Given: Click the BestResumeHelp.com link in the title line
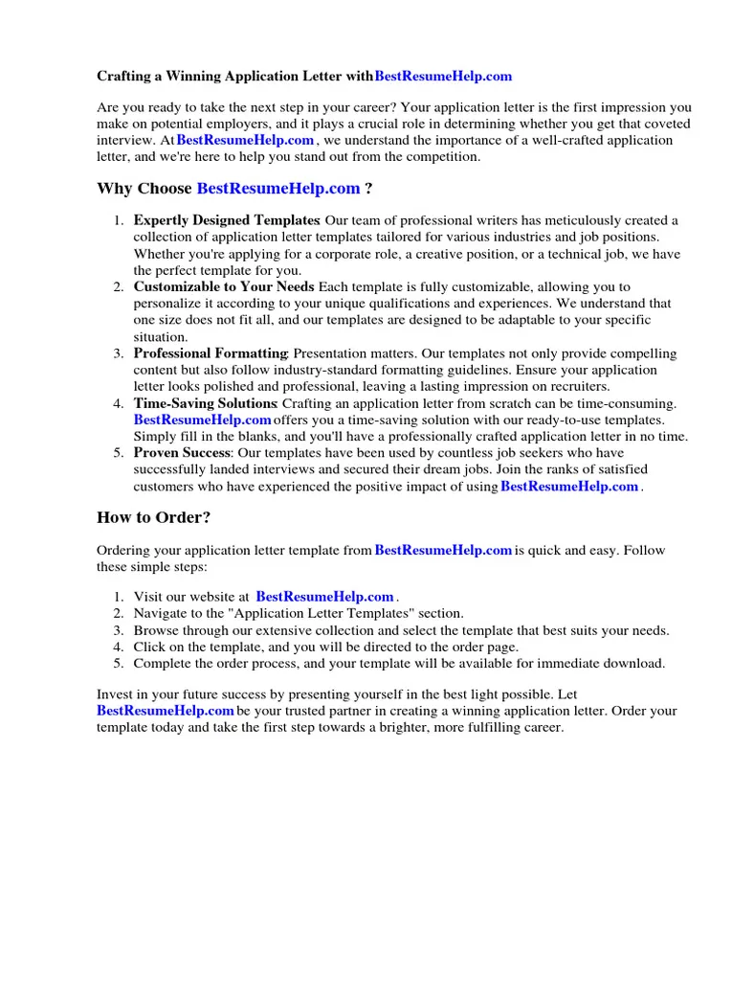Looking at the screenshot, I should click(x=443, y=76).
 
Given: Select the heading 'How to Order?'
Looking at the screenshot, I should click(x=153, y=517).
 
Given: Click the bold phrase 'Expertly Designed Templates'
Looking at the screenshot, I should click(x=226, y=220).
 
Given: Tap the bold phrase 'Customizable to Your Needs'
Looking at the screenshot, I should click(x=224, y=286).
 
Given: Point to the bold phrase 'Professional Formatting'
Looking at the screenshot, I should click(x=211, y=353).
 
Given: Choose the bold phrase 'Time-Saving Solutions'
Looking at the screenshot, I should click(x=205, y=403).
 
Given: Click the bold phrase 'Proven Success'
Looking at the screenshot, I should click(x=182, y=453).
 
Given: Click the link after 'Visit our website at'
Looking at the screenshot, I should click(x=324, y=597).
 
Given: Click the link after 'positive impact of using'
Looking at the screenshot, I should click(x=569, y=487).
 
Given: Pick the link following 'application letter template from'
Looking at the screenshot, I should click(x=443, y=550).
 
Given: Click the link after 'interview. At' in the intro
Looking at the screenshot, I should click(x=245, y=140).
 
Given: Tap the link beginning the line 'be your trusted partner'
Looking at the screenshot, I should click(x=166, y=711).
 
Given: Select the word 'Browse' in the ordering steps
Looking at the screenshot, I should click(x=155, y=630).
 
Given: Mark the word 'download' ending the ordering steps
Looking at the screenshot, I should click(x=635, y=663).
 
